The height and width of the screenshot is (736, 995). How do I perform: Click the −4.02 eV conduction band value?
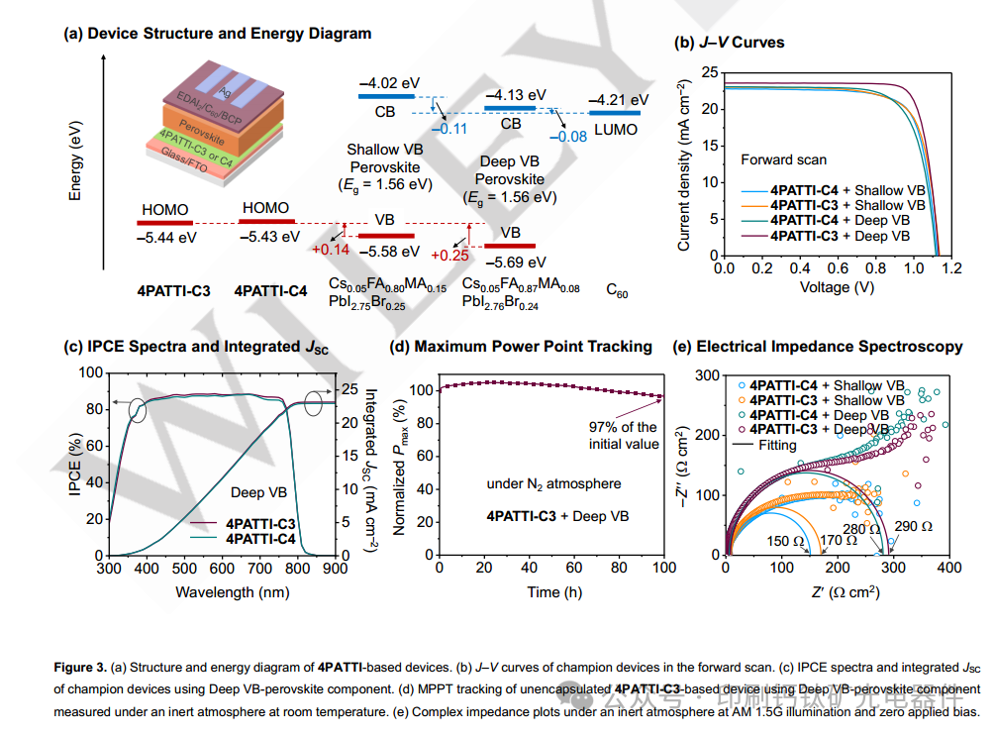[391, 82]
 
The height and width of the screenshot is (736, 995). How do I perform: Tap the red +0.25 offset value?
[448, 255]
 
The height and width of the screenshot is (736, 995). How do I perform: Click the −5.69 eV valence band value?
[515, 263]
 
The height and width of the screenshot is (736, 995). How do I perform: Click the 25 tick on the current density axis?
[709, 72]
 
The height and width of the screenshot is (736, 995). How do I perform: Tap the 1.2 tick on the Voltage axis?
[953, 269]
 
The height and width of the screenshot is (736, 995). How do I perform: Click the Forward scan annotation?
[783, 159]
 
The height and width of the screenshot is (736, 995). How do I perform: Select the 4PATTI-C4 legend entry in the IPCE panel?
[260, 539]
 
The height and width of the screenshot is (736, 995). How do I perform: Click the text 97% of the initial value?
[624, 436]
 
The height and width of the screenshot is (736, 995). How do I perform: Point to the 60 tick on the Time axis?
[574, 569]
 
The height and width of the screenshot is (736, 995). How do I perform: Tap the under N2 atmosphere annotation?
[553, 483]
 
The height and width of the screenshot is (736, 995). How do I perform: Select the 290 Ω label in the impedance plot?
[912, 526]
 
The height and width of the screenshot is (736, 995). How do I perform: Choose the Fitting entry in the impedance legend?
[777, 445]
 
